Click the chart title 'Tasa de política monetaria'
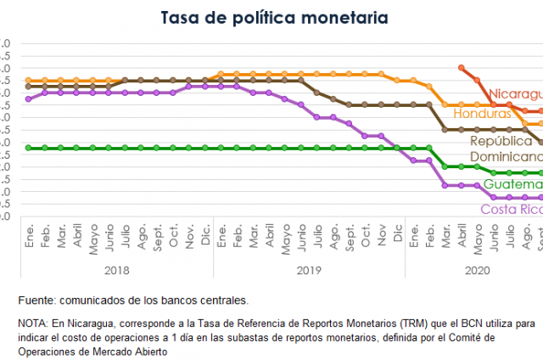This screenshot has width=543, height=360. point(271,16)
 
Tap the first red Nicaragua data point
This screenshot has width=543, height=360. point(461,67)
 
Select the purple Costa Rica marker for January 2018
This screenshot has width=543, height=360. point(29,98)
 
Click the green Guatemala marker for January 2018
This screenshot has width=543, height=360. point(29,148)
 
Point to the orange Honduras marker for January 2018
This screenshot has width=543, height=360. point(29,81)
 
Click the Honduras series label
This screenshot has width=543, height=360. point(483,113)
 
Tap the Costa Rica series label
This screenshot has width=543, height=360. point(511,209)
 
